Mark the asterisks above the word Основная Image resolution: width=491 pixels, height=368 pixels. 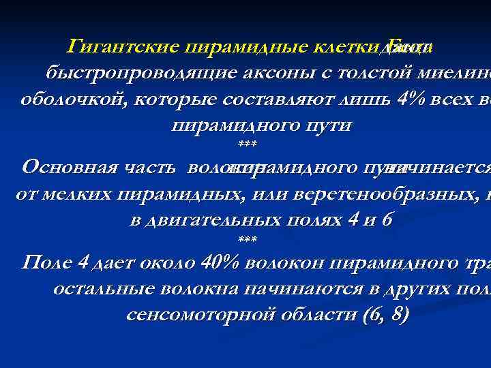pyautogui.click(x=246, y=145)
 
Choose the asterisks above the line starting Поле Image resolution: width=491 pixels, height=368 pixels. pyautogui.click(x=246, y=240)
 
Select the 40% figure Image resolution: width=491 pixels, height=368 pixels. pyautogui.click(x=219, y=262)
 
